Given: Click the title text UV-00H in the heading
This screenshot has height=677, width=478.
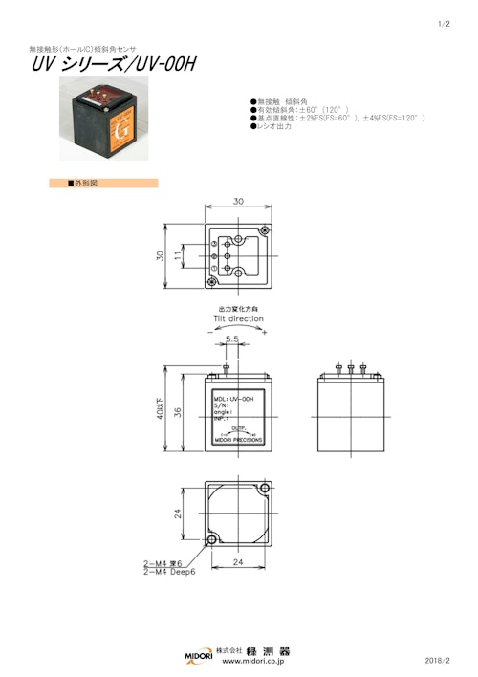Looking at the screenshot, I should point(163,65).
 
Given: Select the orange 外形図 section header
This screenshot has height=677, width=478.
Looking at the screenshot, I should point(103,182).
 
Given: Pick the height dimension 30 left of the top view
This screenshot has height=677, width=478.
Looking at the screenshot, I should point(162,255).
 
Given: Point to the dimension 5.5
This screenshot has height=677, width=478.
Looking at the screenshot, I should point(231,338).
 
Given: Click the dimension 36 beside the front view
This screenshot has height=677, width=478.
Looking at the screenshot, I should point(178,412).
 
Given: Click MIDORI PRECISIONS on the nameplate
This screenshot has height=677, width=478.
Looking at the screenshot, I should point(238,441).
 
